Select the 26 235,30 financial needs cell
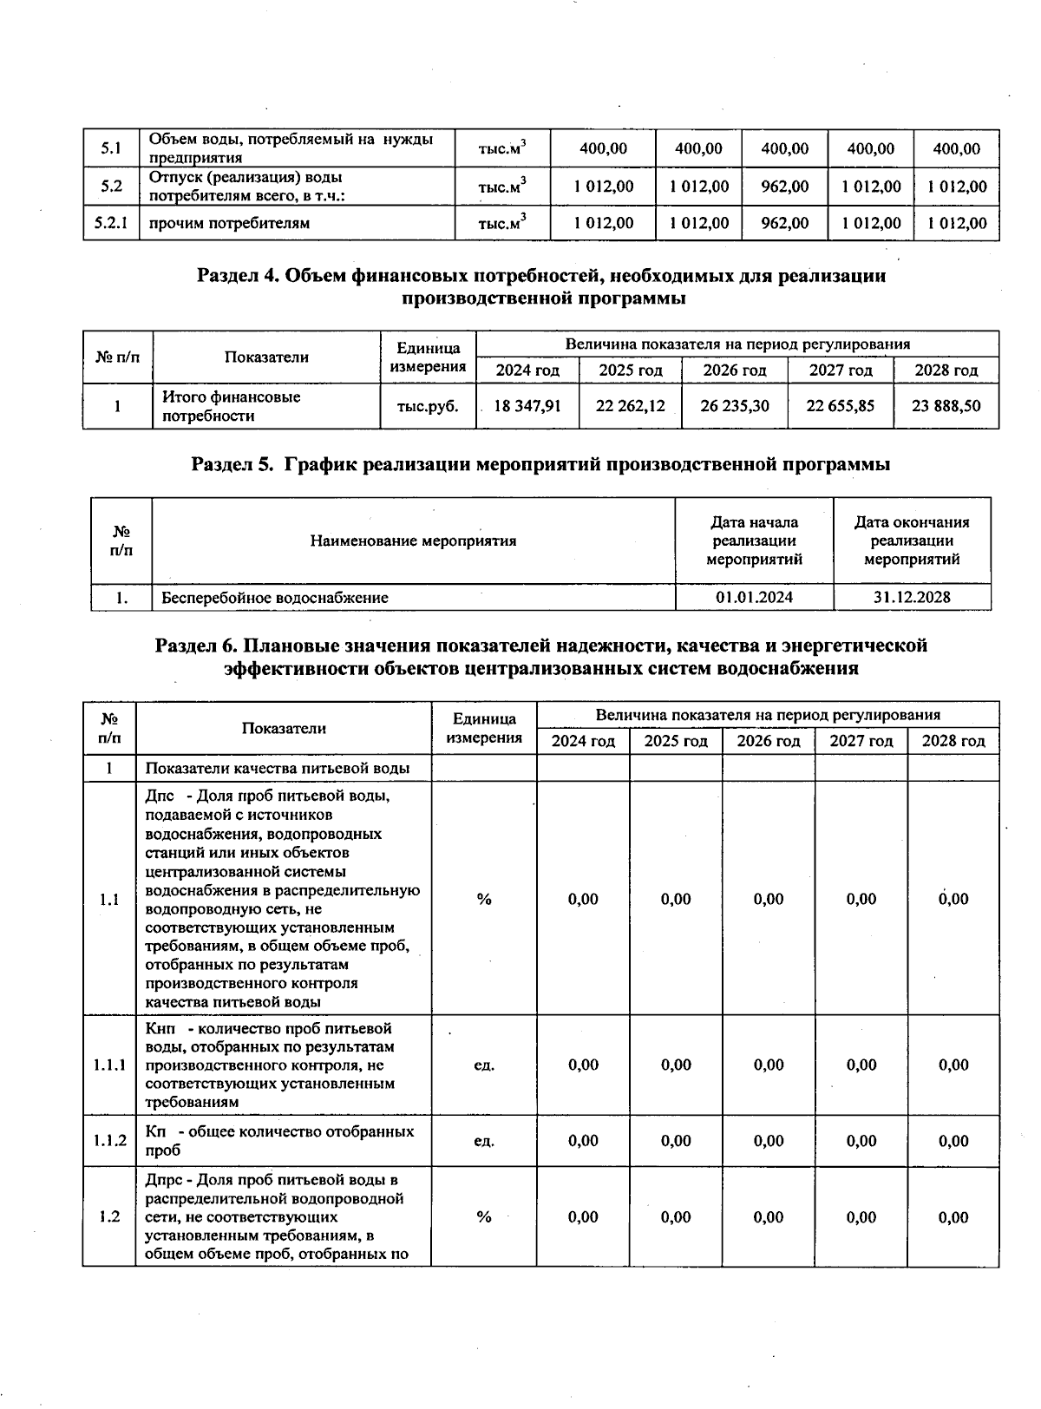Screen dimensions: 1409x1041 734,405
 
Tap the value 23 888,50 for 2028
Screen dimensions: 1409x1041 946,405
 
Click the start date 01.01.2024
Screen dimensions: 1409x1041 754,597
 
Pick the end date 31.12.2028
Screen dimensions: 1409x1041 912,597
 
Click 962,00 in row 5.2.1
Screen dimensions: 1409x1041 784,223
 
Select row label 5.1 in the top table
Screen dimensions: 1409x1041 110,148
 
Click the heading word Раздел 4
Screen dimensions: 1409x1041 238,277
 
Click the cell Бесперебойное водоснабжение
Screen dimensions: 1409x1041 275,597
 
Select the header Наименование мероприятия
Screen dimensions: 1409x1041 413,541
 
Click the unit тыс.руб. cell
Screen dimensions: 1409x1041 428,405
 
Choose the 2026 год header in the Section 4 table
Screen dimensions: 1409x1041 734,370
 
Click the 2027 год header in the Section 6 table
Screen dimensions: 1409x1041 861,741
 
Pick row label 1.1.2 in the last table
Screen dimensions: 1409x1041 110,1141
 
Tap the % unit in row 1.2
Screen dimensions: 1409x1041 483,1217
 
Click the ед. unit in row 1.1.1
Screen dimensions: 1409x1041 483,1065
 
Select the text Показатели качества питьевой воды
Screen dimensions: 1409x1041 277,768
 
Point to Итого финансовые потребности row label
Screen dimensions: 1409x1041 232,406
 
